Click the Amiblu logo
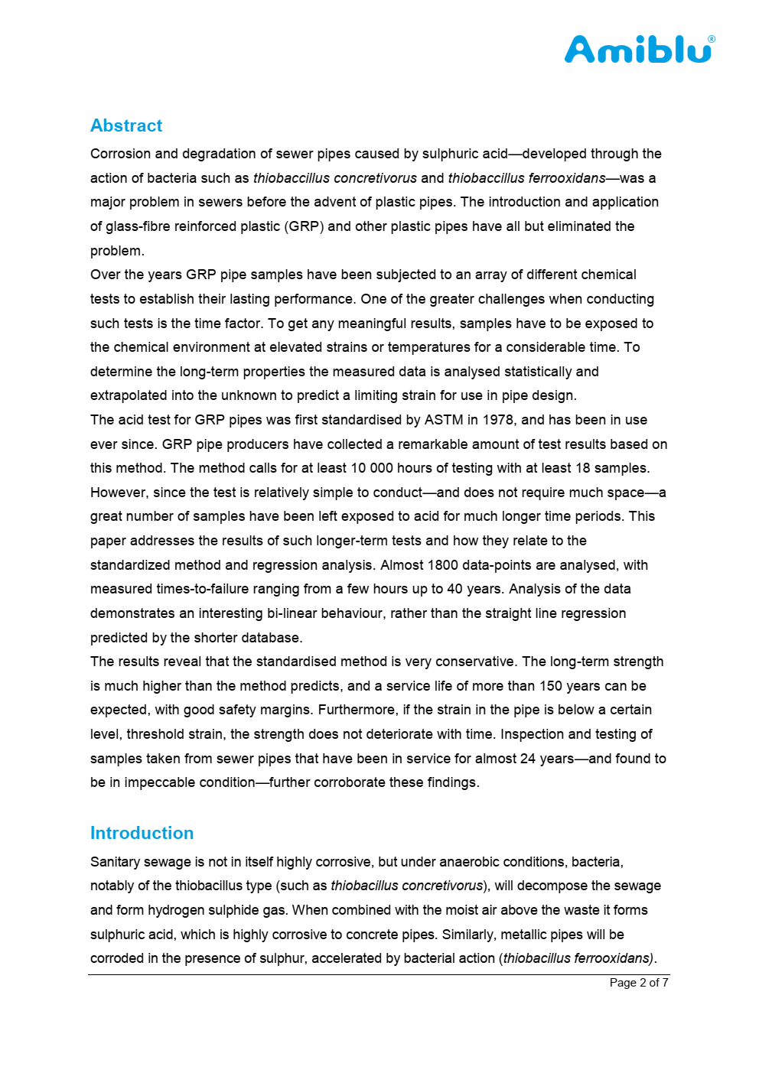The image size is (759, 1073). click(x=638, y=50)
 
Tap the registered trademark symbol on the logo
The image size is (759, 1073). click(x=712, y=39)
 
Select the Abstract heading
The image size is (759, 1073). click(x=126, y=125)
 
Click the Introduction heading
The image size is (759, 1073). click(x=142, y=833)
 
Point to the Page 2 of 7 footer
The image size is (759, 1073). click(x=639, y=983)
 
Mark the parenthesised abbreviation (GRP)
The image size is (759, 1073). click(x=304, y=226)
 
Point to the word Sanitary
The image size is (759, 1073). click(x=117, y=862)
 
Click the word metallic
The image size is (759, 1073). click(x=500, y=935)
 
